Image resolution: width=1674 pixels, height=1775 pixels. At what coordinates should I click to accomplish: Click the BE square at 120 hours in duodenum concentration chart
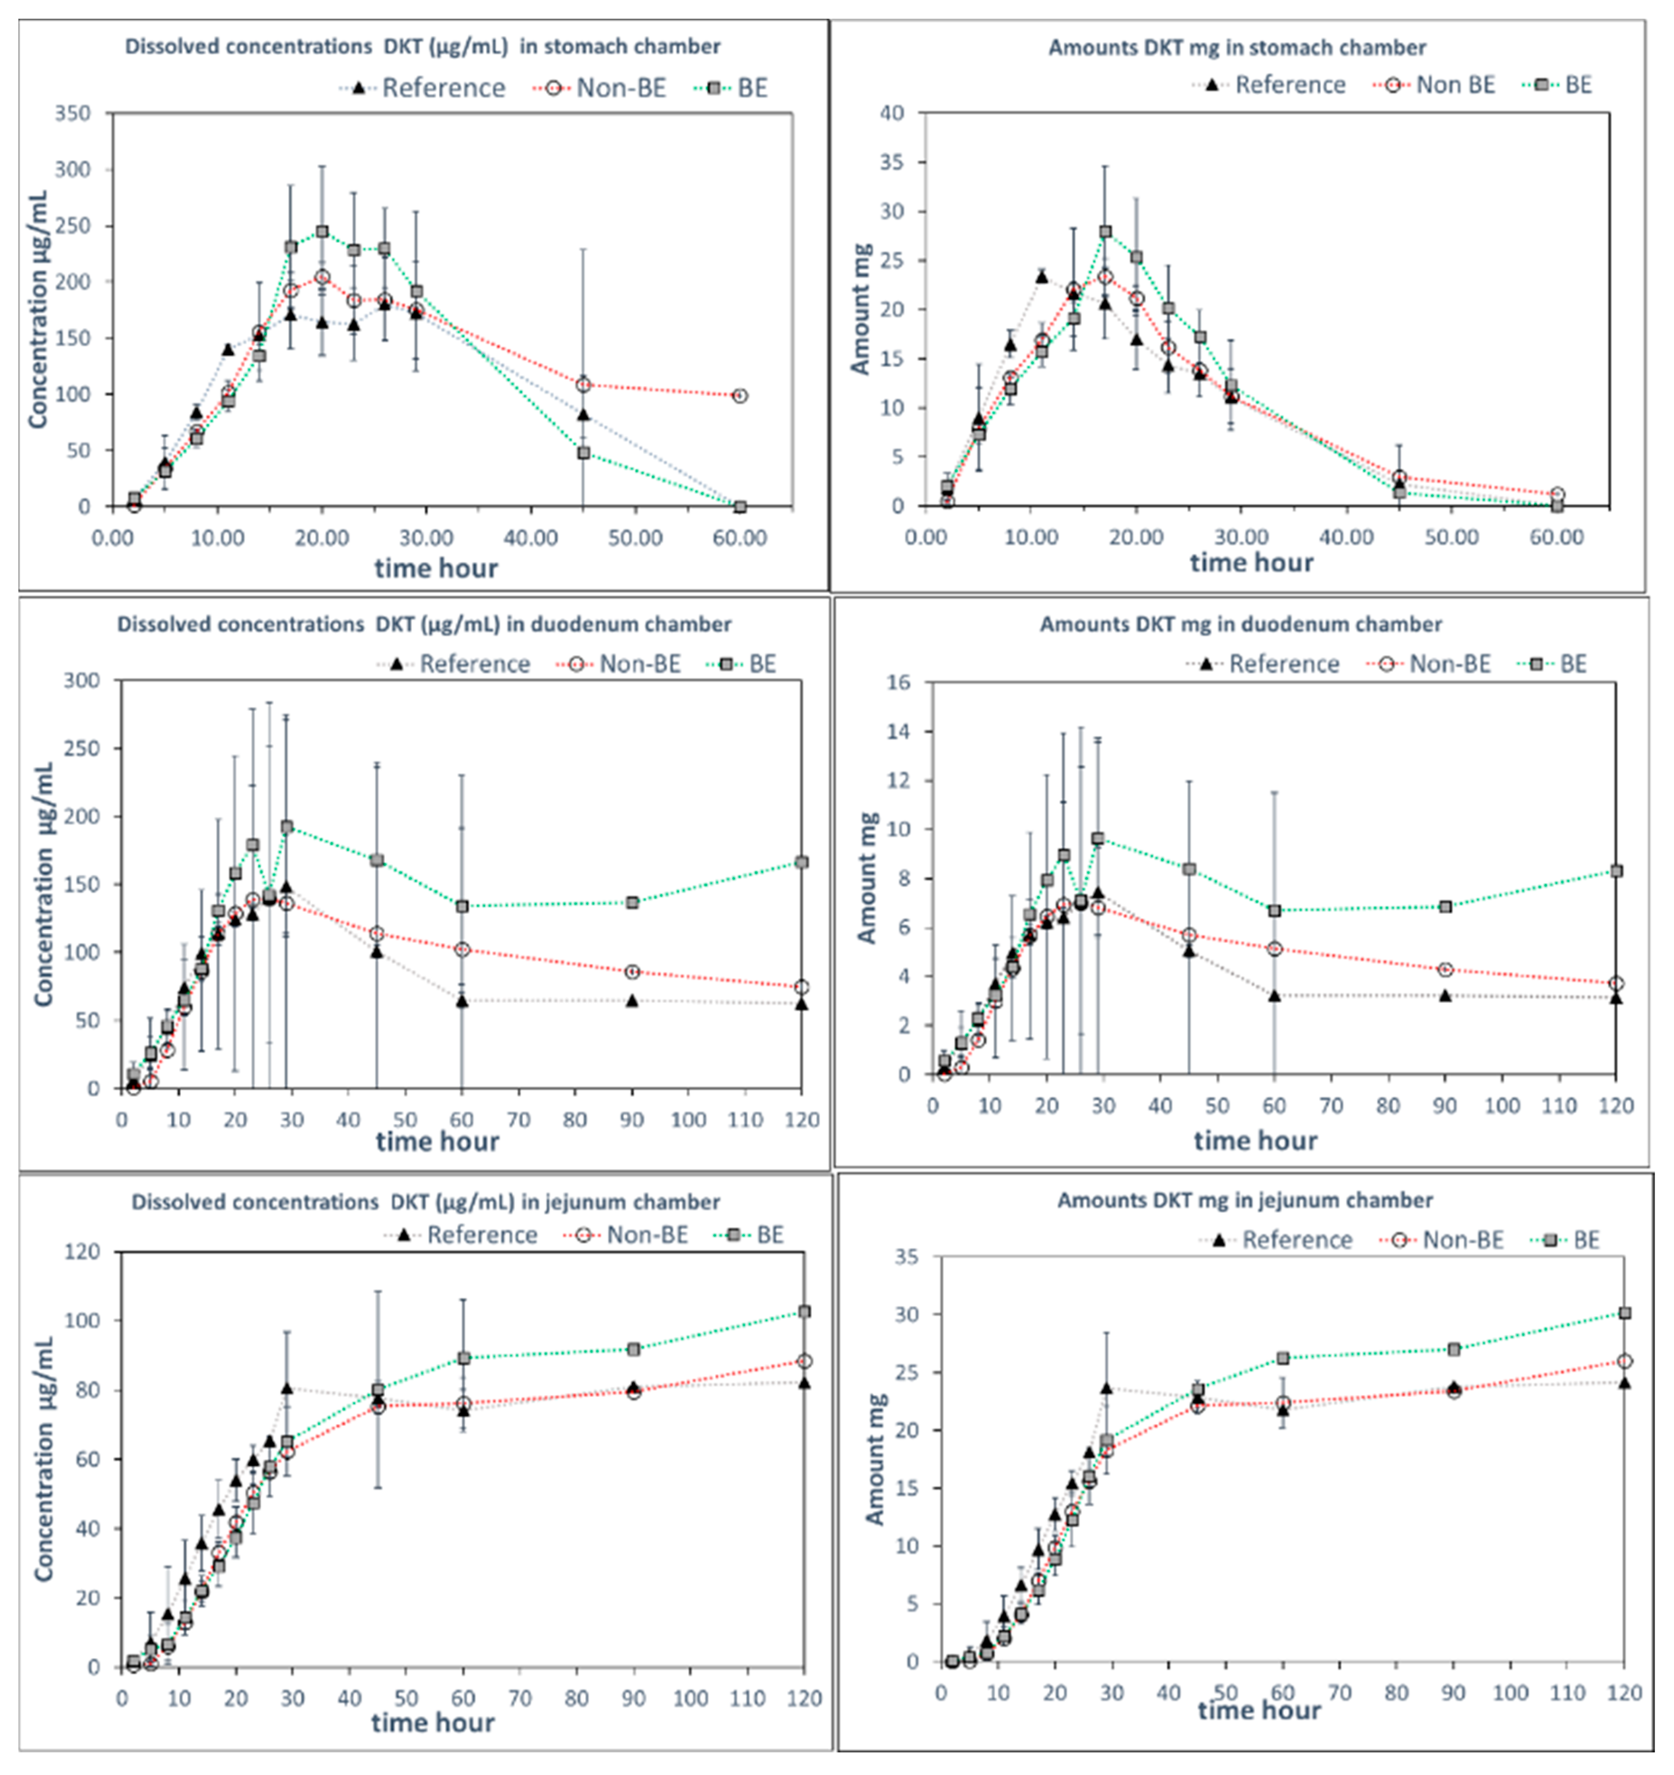click(x=802, y=862)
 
